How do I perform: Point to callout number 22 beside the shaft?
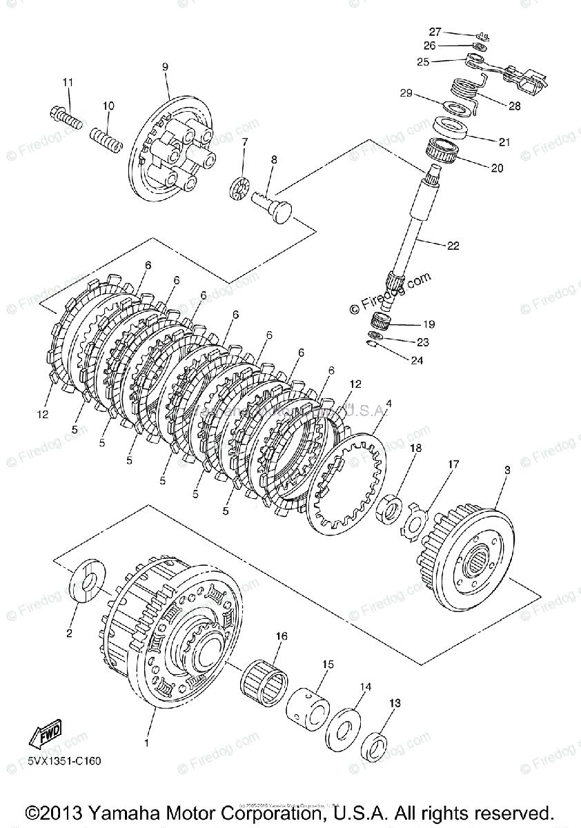(x=453, y=245)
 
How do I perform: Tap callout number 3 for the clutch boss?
(x=507, y=470)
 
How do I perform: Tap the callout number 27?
(x=435, y=32)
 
